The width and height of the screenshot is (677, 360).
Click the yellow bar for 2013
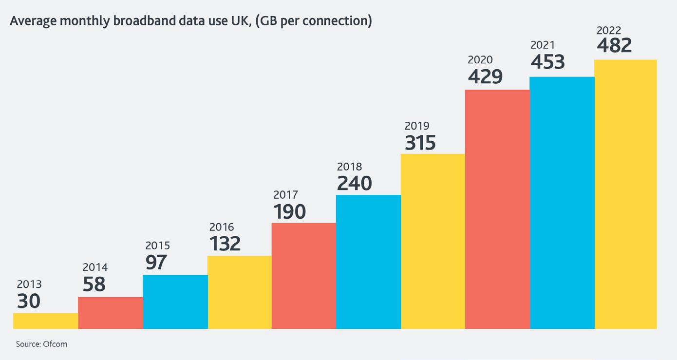coord(45,321)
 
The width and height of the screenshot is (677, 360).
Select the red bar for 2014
coord(111,313)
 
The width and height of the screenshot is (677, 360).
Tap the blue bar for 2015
coord(175,302)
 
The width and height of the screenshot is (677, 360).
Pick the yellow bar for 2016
coord(240,292)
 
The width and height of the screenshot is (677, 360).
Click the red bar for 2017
coord(304,276)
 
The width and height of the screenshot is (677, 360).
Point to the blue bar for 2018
coord(369,262)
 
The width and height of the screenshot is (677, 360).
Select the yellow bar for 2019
coord(433,241)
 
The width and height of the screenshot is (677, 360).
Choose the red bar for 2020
coord(497,209)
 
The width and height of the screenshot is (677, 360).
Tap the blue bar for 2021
coord(562,203)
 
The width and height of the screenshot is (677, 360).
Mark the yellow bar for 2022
coord(626,194)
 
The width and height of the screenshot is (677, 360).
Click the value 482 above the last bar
coord(614,45)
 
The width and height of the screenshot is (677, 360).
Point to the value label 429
coord(485,76)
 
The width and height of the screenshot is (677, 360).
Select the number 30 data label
coord(29,301)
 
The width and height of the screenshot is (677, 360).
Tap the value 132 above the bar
coord(225,244)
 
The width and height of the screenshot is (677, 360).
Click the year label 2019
coord(417,126)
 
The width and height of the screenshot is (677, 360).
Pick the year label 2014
coord(95,267)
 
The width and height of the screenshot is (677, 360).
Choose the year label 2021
coord(543,45)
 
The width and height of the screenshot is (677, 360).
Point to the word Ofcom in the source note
coord(55,344)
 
